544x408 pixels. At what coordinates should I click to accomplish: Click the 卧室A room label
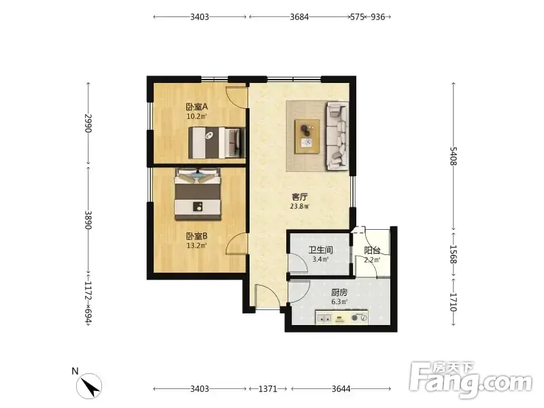coord(197,107)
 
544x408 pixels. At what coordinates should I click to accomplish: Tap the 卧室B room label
coord(197,236)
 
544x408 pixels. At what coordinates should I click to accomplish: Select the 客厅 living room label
coord(299,197)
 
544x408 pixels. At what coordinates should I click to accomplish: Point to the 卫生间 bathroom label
coord(320,250)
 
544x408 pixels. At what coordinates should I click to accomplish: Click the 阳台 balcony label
coord(372,250)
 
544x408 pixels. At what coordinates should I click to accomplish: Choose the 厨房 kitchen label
coord(339,292)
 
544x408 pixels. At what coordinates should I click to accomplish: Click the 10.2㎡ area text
coord(197,116)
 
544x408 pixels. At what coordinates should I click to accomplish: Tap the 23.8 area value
coord(297,207)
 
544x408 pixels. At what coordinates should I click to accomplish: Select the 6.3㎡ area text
coord(339,302)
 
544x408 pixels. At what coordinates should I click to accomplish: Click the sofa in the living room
coord(337,136)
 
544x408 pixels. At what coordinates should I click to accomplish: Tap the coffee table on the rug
coord(307,136)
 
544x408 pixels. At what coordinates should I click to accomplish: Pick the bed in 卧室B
coord(198,194)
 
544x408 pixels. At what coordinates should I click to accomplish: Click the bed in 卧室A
coord(216,143)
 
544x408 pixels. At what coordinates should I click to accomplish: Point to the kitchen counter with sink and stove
coord(342,317)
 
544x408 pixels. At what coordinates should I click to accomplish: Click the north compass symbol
coord(90,386)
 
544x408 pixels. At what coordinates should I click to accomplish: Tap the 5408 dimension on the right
coord(454,156)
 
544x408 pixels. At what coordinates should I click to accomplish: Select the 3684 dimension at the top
coord(299,16)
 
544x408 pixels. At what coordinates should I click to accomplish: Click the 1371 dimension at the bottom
coord(268,388)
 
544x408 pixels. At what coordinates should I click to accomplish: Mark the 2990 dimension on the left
coord(88,124)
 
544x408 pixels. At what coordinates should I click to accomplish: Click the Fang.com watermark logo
coord(471,381)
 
